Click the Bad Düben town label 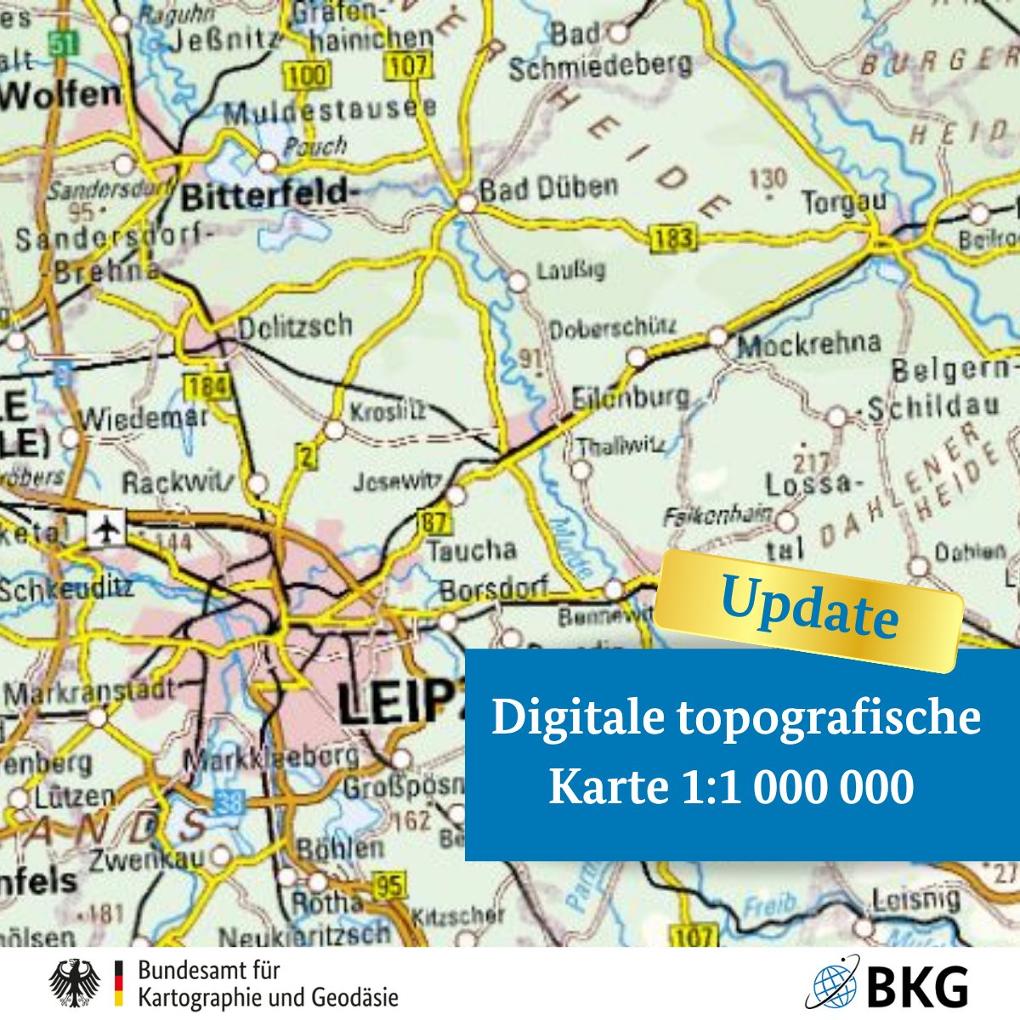(549, 188)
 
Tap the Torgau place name (844, 202)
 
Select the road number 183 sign (672, 238)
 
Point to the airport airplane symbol (106, 530)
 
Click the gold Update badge (809, 609)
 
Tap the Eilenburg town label (630, 398)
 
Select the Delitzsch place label (294, 326)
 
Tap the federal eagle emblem (75, 984)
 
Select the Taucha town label (471, 550)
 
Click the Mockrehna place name (808, 344)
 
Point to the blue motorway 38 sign (229, 801)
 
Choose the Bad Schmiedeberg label (600, 52)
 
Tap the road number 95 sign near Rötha (389, 886)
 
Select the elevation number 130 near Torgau (768, 179)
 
